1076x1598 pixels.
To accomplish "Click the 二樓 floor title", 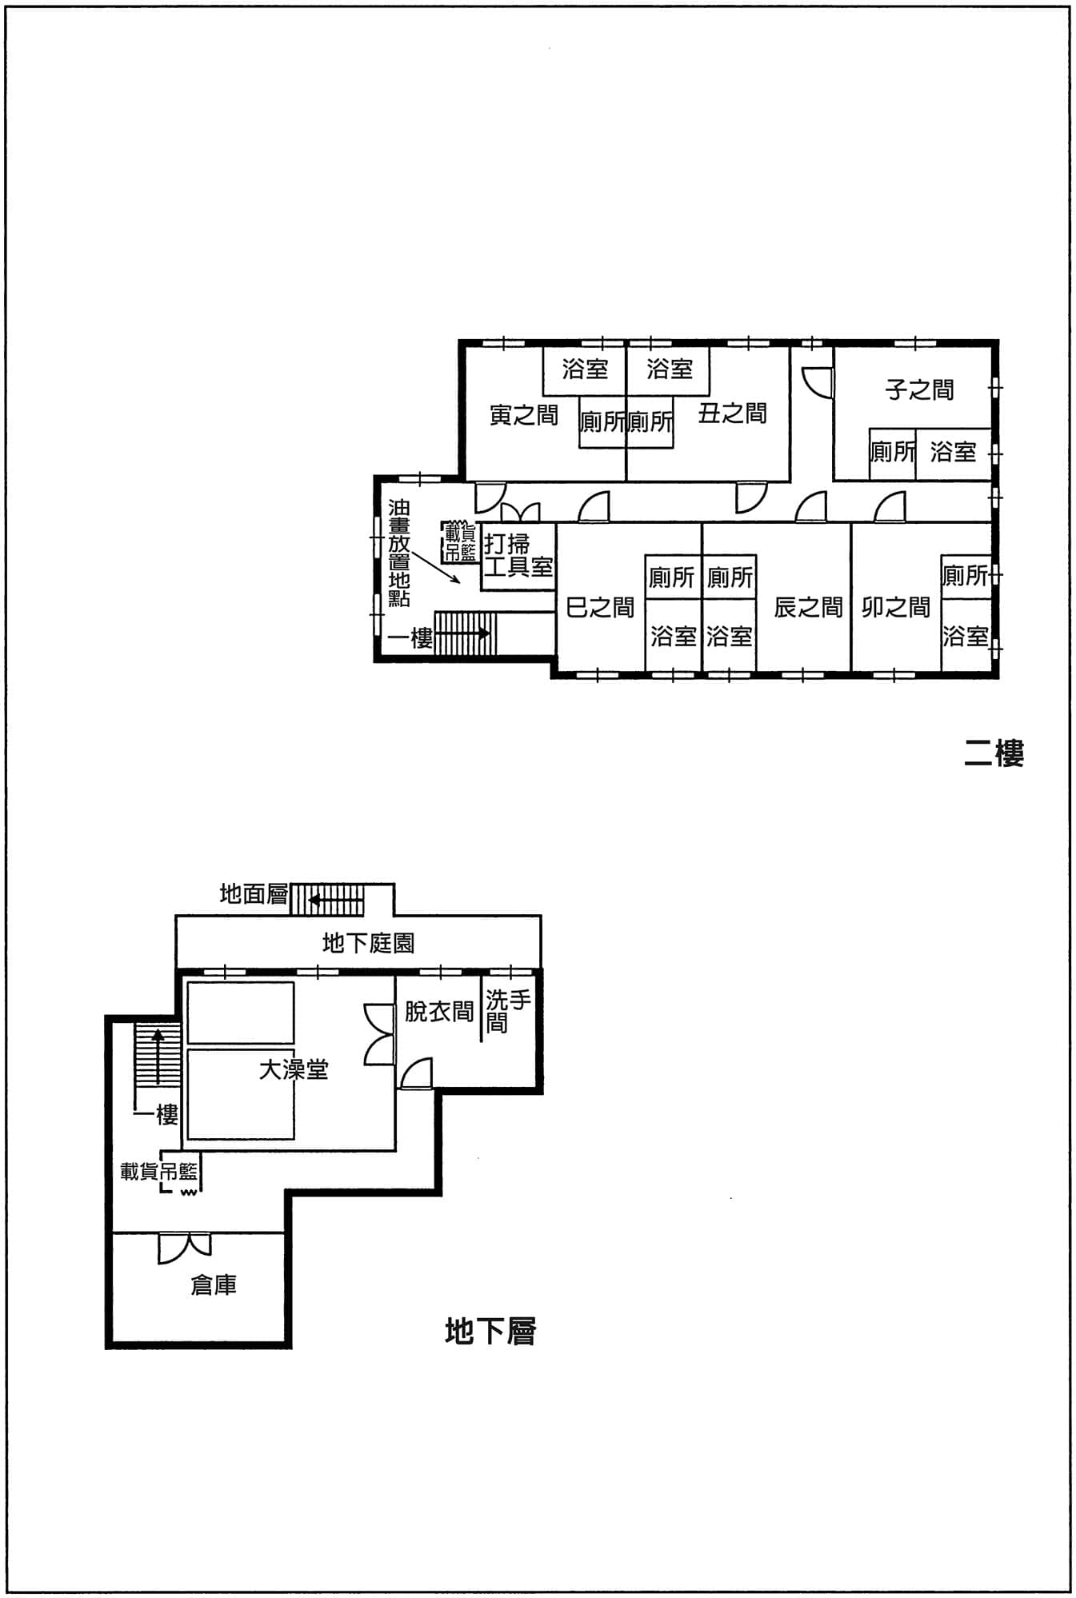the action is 994,753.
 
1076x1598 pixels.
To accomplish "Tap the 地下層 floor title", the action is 490,1331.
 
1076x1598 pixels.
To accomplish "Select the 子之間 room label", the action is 919,390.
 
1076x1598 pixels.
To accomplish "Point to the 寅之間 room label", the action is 524,415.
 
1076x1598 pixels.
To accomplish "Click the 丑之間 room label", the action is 732,413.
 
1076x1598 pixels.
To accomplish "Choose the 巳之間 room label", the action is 600,608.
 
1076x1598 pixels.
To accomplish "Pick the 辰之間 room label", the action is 808,608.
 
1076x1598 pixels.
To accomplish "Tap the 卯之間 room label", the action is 896,608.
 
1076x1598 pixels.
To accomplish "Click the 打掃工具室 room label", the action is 518,556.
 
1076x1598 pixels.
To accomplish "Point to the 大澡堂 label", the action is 294,1069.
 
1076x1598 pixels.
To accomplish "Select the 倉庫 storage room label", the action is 214,1284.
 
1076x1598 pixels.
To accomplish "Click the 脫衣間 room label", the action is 439,1012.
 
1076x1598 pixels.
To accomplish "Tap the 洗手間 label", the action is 508,1012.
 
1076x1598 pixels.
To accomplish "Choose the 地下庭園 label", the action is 368,943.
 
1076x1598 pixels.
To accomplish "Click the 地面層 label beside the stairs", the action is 254,893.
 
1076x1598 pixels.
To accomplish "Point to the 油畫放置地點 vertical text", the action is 399,553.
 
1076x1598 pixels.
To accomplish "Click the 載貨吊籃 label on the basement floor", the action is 159,1172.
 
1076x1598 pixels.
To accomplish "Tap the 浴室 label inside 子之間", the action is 954,452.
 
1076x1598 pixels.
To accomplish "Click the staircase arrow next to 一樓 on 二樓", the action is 462,633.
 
